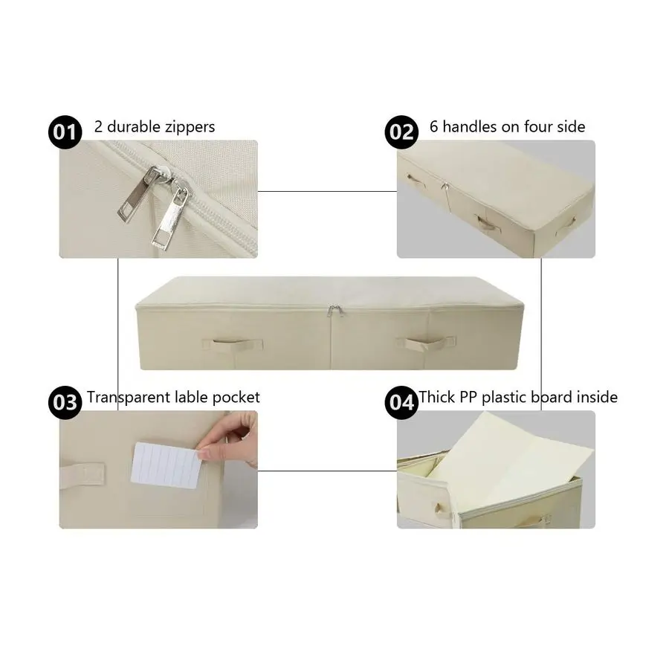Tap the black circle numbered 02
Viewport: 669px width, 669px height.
401,132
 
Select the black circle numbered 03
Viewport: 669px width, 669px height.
64,402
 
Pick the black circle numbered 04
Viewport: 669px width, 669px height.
401,402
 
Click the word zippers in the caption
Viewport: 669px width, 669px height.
186,127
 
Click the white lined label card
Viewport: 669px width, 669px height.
167,465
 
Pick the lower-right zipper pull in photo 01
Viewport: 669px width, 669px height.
169,220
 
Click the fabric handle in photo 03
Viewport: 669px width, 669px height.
81,471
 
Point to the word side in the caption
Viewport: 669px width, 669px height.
570,127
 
